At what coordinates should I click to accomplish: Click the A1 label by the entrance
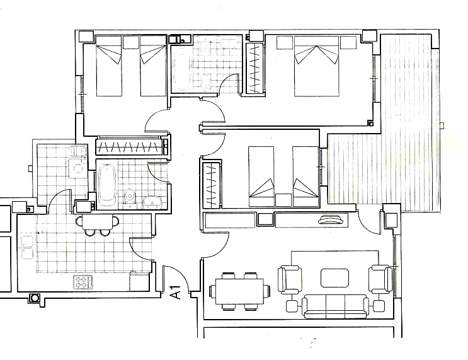(176, 292)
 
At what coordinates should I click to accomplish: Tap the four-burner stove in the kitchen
(83, 282)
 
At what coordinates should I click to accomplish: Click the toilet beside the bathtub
(130, 197)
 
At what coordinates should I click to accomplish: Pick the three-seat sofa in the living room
(335, 306)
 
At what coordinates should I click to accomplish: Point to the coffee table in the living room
(335, 278)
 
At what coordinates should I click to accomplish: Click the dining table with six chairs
(240, 291)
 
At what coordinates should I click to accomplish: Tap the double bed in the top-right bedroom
(317, 66)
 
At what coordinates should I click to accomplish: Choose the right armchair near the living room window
(380, 279)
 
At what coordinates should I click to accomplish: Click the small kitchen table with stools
(97, 225)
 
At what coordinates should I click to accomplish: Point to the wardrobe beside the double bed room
(254, 69)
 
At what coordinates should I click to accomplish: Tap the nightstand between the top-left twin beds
(131, 42)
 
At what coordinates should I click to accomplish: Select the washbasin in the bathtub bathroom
(152, 202)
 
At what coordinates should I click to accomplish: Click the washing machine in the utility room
(77, 169)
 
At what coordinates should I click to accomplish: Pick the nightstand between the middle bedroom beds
(283, 200)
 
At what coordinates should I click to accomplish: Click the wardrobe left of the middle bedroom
(212, 184)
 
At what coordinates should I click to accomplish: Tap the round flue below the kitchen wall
(35, 298)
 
